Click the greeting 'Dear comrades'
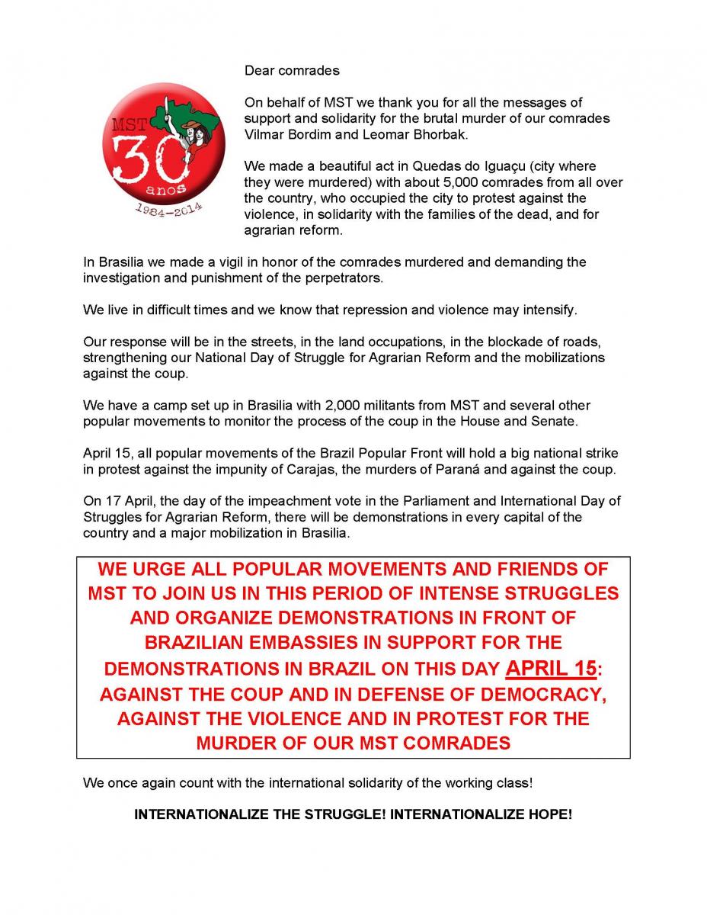click(x=292, y=71)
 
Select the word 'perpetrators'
click(x=346, y=278)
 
